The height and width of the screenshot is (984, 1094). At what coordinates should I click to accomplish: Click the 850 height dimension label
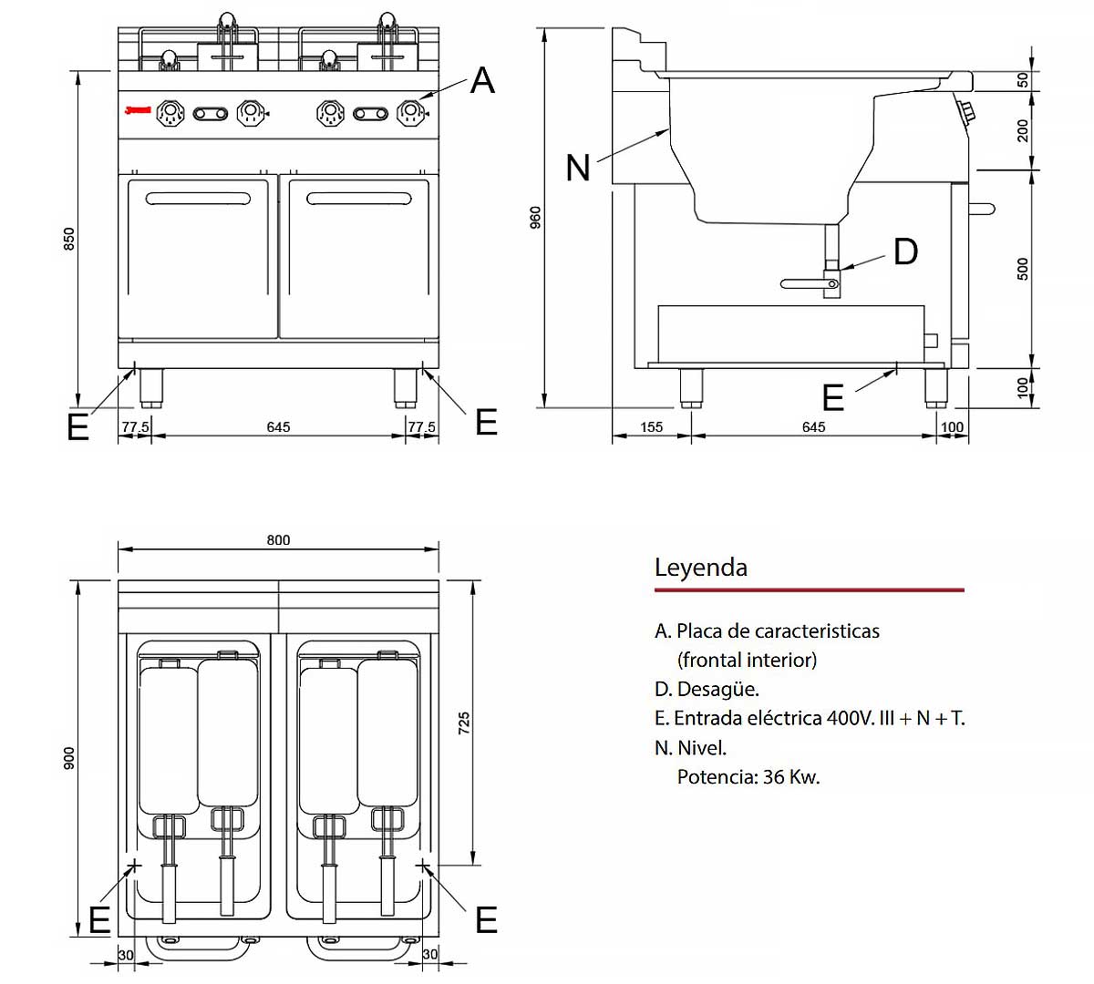(69, 240)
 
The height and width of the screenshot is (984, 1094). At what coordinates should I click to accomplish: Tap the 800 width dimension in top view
(278, 540)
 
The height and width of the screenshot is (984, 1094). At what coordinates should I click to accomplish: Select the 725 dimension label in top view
(464, 724)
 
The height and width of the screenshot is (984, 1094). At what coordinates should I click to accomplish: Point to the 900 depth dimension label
(69, 758)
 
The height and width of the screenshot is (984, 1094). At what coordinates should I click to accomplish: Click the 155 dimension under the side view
(651, 426)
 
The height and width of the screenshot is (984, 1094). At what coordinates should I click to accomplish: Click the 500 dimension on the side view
(1023, 269)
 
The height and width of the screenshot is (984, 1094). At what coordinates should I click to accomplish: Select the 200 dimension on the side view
(1023, 130)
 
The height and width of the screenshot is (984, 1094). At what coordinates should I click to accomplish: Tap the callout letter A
(482, 81)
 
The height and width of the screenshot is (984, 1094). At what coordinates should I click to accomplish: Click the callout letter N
(578, 168)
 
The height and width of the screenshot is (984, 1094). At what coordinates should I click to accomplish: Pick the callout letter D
(905, 251)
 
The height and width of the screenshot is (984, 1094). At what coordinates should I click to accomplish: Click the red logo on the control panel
(138, 111)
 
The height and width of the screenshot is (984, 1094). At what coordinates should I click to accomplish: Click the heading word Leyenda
(700, 568)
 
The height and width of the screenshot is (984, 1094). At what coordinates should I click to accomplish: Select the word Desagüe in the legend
(717, 689)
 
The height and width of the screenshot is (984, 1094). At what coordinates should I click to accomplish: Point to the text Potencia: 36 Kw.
(748, 777)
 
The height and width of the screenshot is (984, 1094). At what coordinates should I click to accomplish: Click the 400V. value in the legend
(850, 718)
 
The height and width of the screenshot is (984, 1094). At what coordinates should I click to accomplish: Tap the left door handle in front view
(198, 199)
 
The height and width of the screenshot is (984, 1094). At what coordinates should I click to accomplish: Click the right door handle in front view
(359, 199)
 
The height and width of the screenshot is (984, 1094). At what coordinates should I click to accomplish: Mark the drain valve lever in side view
(808, 284)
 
